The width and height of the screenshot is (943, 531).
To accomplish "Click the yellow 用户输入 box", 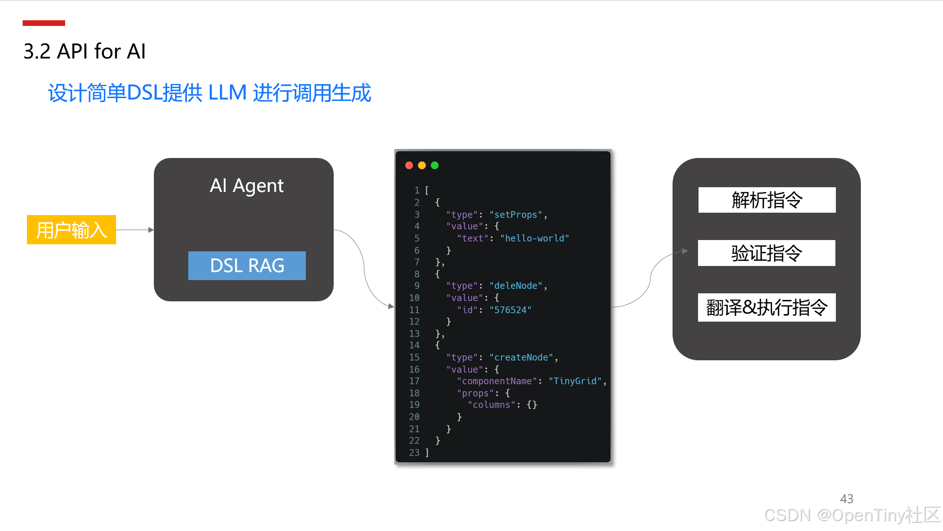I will click(x=71, y=230).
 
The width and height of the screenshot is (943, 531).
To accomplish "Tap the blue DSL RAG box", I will click(x=247, y=265).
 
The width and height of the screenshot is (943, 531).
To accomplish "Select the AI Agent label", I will click(x=246, y=185).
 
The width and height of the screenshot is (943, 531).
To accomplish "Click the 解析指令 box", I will click(x=766, y=200).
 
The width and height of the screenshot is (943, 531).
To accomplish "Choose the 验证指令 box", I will click(x=766, y=253).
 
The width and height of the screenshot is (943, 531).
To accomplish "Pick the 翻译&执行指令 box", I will click(x=766, y=307).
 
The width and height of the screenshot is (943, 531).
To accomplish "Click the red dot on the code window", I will click(x=409, y=165).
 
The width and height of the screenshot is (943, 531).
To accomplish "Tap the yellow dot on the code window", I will click(x=422, y=165).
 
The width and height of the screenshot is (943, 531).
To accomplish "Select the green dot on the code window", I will click(x=435, y=165).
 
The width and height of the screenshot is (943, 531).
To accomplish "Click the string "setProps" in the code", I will click(x=516, y=215).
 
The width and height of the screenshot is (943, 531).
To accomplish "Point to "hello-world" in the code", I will click(x=534, y=238).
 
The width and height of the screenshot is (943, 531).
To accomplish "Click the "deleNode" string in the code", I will click(x=516, y=286).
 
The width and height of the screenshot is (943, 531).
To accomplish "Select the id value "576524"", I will click(x=510, y=310).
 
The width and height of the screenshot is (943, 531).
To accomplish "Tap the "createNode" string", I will click(x=521, y=357).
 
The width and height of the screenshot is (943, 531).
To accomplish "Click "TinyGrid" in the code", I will click(x=575, y=381).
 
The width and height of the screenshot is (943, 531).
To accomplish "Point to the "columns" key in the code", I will click(x=491, y=405).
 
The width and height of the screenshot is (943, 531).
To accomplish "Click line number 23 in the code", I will click(x=414, y=453).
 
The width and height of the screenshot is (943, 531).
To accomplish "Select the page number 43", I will click(x=846, y=498).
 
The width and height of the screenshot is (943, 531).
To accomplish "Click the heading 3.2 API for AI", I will click(x=84, y=51).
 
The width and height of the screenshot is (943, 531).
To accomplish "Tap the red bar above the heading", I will click(x=44, y=23).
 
